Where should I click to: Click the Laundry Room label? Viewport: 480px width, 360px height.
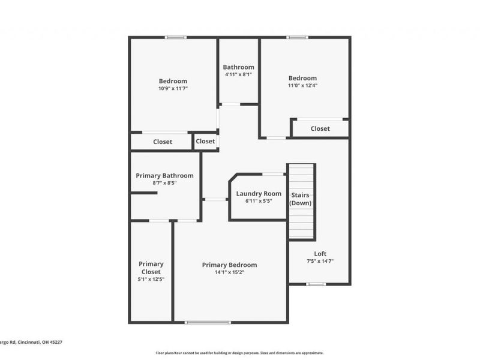[259, 193]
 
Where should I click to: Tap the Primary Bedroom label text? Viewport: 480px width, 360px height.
[229, 265]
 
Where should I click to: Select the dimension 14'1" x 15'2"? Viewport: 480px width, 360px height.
[229, 272]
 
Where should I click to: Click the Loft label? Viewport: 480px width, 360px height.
[320, 253]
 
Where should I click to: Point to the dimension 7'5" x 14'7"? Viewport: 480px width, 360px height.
[320, 261]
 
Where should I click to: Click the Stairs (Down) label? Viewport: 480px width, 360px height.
[301, 199]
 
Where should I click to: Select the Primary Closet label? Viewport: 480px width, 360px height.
[151, 268]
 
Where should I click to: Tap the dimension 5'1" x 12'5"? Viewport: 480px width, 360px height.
[151, 279]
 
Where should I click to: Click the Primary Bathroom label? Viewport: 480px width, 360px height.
[164, 175]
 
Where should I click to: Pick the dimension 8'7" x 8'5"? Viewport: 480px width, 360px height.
[164, 183]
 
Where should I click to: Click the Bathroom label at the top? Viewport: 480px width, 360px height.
[238, 67]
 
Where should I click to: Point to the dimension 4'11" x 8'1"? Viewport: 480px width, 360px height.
[238, 75]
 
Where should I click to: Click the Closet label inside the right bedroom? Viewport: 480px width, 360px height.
[320, 128]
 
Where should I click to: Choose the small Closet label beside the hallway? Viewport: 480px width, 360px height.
[205, 141]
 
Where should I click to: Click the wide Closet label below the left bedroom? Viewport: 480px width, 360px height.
[163, 142]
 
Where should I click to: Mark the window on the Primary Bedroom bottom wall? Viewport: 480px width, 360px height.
[208, 323]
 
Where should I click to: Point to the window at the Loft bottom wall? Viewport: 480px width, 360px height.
[316, 284]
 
